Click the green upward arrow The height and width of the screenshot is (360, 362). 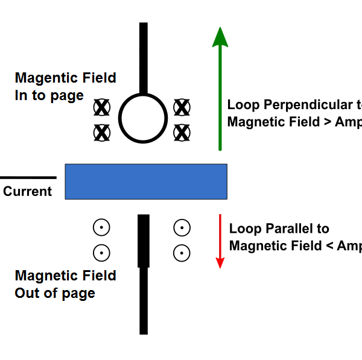pos(220,90)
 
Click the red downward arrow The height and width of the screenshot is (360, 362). pos(220,241)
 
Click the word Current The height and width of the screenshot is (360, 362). pos(28,192)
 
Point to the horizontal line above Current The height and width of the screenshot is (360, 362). pos(28,178)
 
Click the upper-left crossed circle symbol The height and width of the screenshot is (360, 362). pos(102,108)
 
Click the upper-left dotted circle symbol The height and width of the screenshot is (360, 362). pos(101,228)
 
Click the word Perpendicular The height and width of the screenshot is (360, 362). pos(305,105)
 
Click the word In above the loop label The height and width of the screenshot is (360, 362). pos(21,95)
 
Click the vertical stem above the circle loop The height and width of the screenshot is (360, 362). pos(144,57)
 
